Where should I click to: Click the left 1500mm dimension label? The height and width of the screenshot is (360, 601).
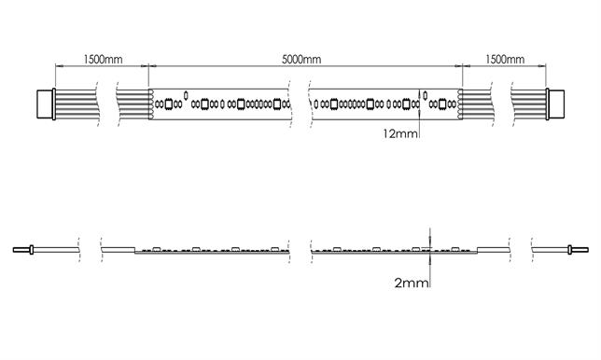click(x=103, y=60)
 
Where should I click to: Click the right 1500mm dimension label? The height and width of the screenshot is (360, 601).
click(x=504, y=60)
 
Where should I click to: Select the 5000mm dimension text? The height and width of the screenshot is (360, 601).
click(x=301, y=60)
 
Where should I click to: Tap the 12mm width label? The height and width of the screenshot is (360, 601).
click(x=399, y=133)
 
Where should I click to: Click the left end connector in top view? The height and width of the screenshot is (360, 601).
click(x=46, y=103)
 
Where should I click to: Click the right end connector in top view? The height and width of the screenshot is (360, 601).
click(x=558, y=103)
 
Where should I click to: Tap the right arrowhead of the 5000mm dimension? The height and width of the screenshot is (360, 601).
click(x=457, y=66)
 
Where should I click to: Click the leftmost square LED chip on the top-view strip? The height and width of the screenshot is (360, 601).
click(x=169, y=104)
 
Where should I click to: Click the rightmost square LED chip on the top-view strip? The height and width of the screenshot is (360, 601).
click(x=441, y=104)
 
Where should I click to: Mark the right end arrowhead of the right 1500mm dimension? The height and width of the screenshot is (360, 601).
click(x=548, y=66)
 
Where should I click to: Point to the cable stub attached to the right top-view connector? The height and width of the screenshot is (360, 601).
click(x=531, y=103)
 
